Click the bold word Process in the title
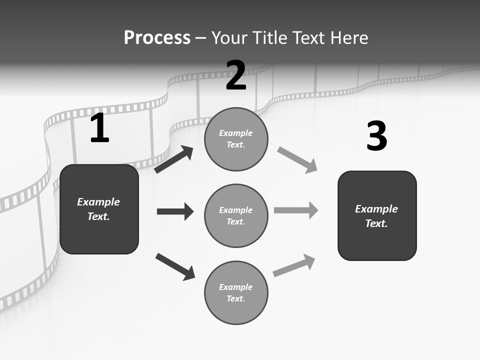click(157, 37)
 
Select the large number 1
click(99, 128)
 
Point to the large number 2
click(236, 75)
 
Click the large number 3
click(376, 136)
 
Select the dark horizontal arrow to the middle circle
click(175, 211)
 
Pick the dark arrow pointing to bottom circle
click(175, 266)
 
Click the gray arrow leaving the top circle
click(297, 160)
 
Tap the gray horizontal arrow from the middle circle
click(296, 210)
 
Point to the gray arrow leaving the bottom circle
click(294, 265)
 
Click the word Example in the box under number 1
click(98, 202)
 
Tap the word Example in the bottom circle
click(235, 287)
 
